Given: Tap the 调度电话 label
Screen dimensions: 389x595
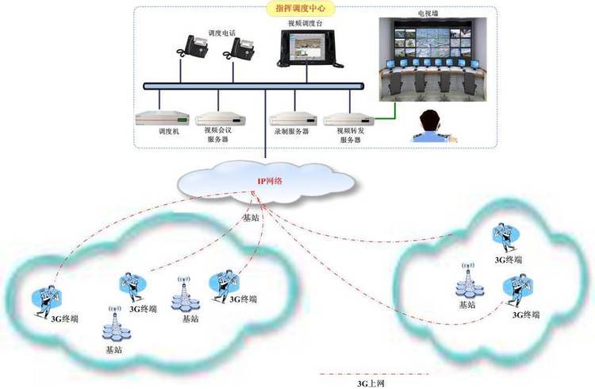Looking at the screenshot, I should [222, 33].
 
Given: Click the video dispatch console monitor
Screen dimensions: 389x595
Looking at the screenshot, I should [307, 47].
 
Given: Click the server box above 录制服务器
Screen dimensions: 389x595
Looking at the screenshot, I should [290, 118].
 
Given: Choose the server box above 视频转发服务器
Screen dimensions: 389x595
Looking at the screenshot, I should [346, 118].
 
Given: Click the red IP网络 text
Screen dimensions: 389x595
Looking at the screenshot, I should [270, 181].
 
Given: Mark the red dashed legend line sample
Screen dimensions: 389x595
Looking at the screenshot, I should [372, 374].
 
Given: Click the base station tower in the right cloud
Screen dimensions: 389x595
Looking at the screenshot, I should [466, 283].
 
